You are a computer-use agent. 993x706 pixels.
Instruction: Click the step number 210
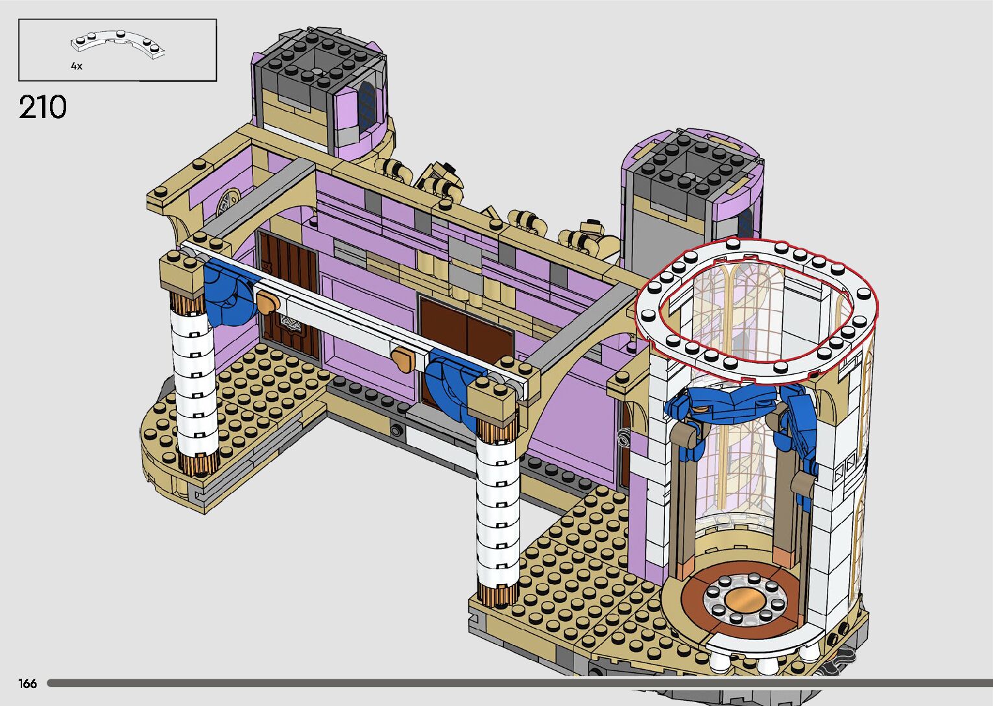pyautogui.click(x=43, y=107)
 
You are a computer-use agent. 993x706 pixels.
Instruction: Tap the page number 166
pyautogui.click(x=27, y=683)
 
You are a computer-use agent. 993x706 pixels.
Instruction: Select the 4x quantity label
pyautogui.click(x=77, y=66)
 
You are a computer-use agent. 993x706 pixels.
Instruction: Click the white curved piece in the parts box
pyautogui.click(x=117, y=44)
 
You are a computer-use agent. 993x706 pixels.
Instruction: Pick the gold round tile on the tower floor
pyautogui.click(x=745, y=600)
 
